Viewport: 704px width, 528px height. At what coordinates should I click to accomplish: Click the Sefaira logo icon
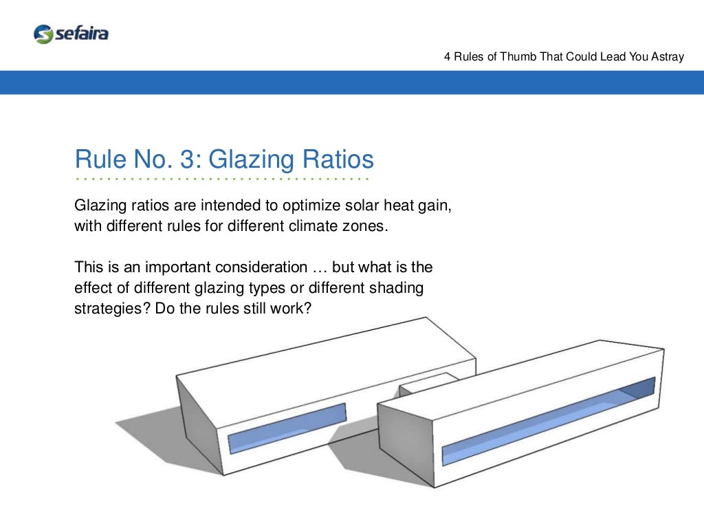coord(43,34)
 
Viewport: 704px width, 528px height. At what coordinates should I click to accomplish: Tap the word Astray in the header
coord(667,56)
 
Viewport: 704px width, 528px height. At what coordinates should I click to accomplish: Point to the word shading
coord(395,287)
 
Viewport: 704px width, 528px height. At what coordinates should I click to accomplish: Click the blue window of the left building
coord(287,427)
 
